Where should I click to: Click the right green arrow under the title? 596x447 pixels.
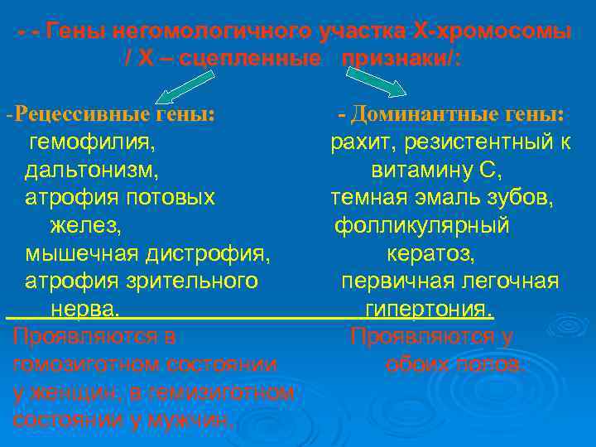[x=373, y=81]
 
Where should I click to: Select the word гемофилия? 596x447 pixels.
[x=91, y=142]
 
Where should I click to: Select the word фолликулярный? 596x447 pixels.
[x=421, y=226]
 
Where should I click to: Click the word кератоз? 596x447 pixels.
[x=430, y=253]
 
